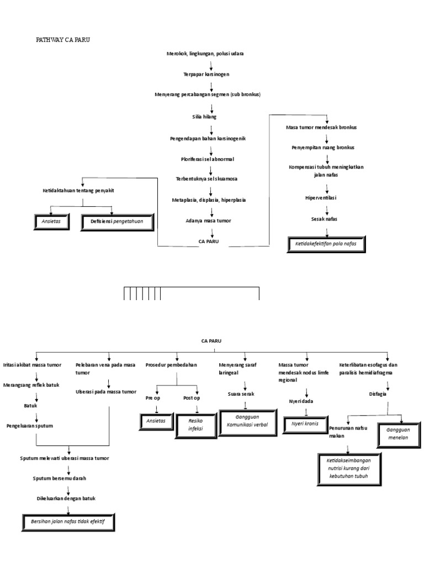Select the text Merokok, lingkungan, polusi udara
pyautogui.click(x=205, y=54)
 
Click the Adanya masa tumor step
pyautogui.click(x=208, y=221)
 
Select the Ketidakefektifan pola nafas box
pyautogui.click(x=326, y=244)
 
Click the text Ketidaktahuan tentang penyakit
pyautogui.click(x=82, y=191)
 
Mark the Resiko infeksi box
pyautogui.click(x=197, y=424)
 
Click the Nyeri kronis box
pyautogui.click(x=306, y=424)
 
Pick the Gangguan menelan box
pyautogui.click(x=396, y=434)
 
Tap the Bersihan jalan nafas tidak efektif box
pyautogui.click(x=69, y=521)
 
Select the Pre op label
pyautogui.click(x=153, y=398)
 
